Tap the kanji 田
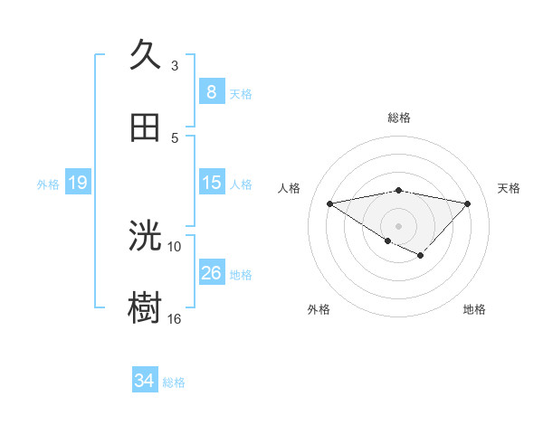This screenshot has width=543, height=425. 145,127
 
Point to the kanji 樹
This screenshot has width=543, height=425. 145,308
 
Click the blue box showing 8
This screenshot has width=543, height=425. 211,91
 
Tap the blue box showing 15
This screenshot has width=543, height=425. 211,183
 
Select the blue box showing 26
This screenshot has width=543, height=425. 211,272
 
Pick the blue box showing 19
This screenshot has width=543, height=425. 78,183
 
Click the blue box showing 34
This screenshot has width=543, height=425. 145,381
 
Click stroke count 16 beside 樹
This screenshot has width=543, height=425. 175,318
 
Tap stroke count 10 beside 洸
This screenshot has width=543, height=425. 175,246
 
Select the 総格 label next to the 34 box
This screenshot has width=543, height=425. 174,382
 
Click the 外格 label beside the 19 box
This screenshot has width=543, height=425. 48,184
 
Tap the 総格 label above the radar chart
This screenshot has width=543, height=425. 398,118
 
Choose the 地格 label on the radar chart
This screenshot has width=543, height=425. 474,309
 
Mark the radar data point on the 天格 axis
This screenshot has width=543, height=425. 468,203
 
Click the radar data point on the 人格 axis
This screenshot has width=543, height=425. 329,203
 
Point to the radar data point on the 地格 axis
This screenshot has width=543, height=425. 421,256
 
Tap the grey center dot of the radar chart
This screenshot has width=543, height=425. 398,225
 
